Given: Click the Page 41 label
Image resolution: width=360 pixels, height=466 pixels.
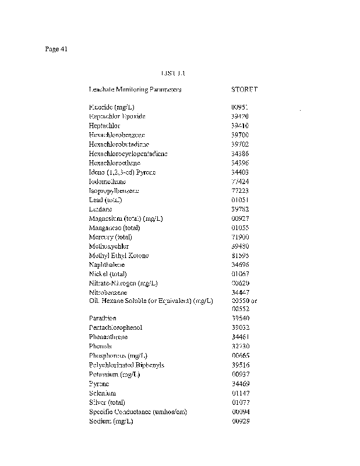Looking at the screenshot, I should click(57, 49).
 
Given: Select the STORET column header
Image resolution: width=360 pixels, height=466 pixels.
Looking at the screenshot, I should click(244, 90).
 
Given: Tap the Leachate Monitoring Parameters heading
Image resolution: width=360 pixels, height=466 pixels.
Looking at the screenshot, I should click(135, 90).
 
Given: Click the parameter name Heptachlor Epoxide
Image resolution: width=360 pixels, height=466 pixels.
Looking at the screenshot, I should click(117, 116).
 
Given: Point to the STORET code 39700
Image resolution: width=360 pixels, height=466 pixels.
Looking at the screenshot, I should click(240, 135).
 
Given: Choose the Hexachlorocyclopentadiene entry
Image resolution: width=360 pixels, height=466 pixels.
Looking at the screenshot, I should click(128, 154).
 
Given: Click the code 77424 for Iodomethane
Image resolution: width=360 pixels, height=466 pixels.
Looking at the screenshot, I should click(240, 182).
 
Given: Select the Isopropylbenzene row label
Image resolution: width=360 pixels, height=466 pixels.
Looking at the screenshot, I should click(114, 191).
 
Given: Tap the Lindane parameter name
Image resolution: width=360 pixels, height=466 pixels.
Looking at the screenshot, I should click(101, 209).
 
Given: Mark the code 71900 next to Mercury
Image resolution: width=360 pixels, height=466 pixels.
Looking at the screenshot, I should click(240, 237).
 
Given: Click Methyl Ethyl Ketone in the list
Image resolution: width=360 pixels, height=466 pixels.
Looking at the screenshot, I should click(119, 256).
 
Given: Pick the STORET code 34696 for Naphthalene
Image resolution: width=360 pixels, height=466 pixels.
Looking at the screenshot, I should click(240, 265).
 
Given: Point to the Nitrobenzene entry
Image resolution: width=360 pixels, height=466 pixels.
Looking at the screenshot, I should click(108, 292).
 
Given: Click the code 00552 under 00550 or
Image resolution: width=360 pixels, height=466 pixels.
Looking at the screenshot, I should click(240, 308).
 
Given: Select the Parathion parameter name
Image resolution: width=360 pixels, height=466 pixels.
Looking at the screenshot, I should click(103, 318).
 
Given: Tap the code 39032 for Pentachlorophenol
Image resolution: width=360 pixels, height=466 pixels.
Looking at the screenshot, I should click(240, 327).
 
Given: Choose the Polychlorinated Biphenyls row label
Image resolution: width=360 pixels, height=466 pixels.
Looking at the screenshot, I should click(126, 365).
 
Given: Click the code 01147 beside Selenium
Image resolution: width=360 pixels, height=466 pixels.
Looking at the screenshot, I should click(240, 393).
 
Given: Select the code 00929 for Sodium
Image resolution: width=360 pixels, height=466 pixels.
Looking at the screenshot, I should click(240, 421).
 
